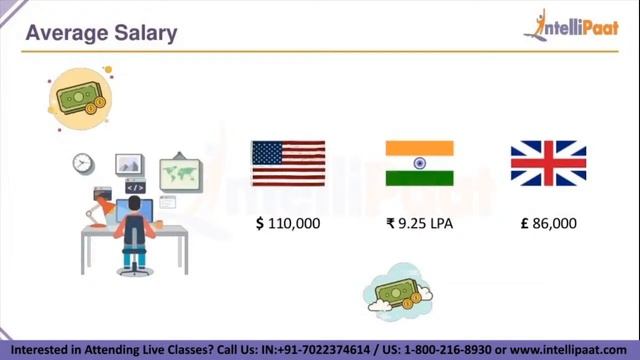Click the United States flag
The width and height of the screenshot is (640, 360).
pos(288,164)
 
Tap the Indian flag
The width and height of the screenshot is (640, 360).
pos(419,164)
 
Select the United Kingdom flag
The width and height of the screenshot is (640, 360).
pos(548,164)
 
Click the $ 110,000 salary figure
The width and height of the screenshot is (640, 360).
pos(288,224)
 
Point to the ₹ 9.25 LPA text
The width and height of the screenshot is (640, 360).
pos(419,224)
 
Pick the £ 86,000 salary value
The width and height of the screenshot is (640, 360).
pos(548,224)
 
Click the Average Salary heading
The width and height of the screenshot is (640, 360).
pos(101,33)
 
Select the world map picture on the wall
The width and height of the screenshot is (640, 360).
pos(180,172)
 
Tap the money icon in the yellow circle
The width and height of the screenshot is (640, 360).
pos(80,98)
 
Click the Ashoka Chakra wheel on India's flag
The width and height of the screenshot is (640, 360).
pos(419,164)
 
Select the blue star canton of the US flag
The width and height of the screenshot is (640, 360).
pos(267,153)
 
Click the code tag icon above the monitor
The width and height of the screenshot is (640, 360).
pos(135,187)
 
